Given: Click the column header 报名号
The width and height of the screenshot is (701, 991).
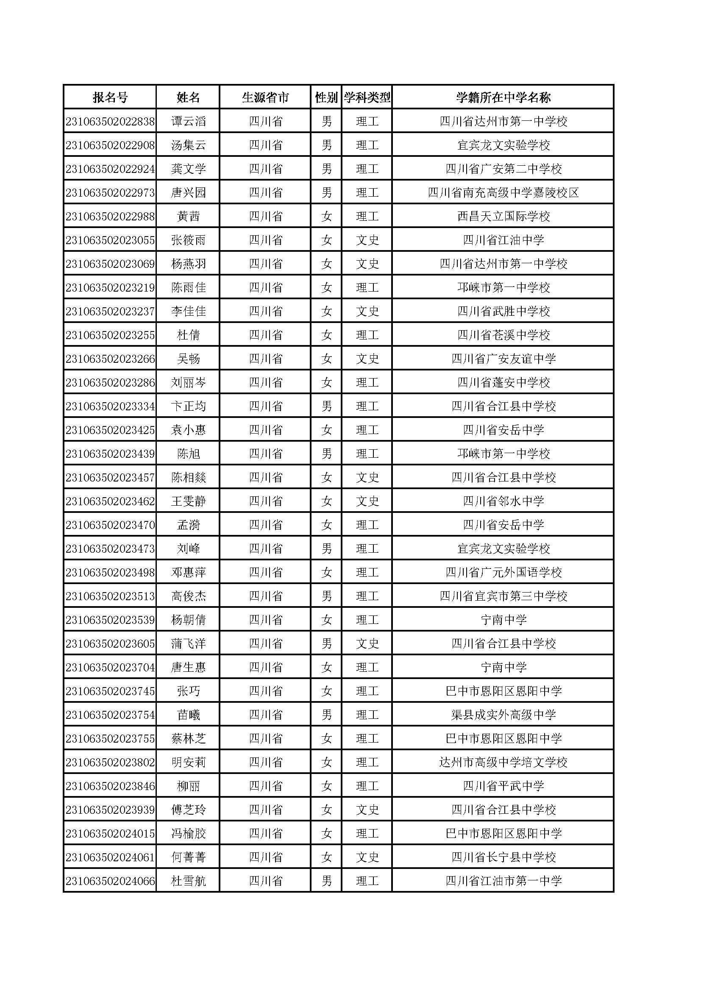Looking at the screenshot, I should pos(110,97).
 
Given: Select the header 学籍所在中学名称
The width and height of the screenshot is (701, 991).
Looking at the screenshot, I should pos(503,97).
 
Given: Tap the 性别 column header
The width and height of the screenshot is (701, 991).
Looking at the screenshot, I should pos(326,97).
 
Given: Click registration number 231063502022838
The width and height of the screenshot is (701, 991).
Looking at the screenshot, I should pos(110,121).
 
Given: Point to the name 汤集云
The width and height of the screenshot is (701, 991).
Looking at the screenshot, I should pos(188,145).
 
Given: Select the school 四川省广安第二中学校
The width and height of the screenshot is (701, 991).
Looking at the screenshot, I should pos(503,169).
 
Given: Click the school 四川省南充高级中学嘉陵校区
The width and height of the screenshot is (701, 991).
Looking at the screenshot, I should pos(503,192).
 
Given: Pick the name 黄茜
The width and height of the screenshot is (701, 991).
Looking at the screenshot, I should pos(188,216).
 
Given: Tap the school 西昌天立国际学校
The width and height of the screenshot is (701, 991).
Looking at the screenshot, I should pos(503,216).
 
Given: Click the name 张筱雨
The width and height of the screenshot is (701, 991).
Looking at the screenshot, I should pos(188,240).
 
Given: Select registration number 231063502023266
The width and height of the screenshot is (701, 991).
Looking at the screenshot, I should pos(110,359).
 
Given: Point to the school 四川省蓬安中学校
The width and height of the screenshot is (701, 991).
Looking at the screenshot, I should pos(503,382).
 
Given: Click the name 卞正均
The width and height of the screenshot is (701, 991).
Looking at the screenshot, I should pos(188,406).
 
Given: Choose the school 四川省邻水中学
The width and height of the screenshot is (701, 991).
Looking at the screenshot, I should pos(503,501).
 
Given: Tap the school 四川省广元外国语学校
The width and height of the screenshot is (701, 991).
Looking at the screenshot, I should pos(503,572).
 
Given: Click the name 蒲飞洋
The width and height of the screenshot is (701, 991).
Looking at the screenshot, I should pos(188,643).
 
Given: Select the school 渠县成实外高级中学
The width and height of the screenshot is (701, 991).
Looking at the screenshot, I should pos(503,715).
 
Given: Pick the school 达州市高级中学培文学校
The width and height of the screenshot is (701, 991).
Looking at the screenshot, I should pos(503,762).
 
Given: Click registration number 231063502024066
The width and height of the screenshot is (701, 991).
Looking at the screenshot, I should pos(110,881).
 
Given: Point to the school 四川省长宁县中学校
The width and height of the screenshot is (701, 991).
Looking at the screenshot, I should pos(503,857).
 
